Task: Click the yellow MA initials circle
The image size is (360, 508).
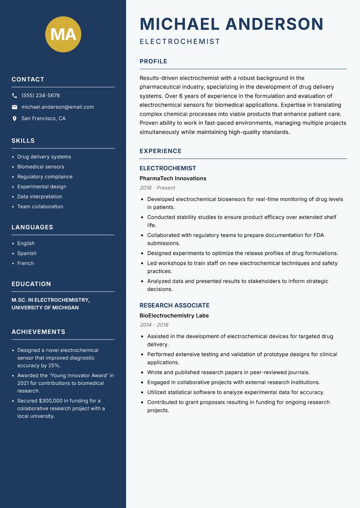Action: [63, 34]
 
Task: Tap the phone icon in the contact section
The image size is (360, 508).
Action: [14, 96]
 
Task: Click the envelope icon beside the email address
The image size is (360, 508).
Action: [14, 107]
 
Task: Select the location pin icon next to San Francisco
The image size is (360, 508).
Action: [14, 119]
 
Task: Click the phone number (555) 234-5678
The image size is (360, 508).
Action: [40, 96]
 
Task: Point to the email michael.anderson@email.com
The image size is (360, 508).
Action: [58, 107]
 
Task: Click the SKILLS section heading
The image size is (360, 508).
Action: [23, 141]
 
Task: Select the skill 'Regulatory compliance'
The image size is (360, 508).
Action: [45, 177]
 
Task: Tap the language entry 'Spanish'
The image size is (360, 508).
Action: [27, 254]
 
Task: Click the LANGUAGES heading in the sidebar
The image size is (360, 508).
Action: [32, 227]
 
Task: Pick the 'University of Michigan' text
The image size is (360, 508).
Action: [45, 308]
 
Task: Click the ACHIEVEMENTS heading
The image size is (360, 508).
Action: [38, 332]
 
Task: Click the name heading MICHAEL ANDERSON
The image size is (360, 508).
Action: [232, 24]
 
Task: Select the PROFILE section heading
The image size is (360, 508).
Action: [153, 62]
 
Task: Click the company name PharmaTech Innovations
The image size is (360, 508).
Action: [173, 178]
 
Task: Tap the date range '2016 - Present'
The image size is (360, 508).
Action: [157, 188]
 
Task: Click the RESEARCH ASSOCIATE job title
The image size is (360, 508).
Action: [175, 305]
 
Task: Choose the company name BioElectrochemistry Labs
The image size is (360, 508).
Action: [174, 316]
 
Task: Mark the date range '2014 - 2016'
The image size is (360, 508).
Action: [154, 325]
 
